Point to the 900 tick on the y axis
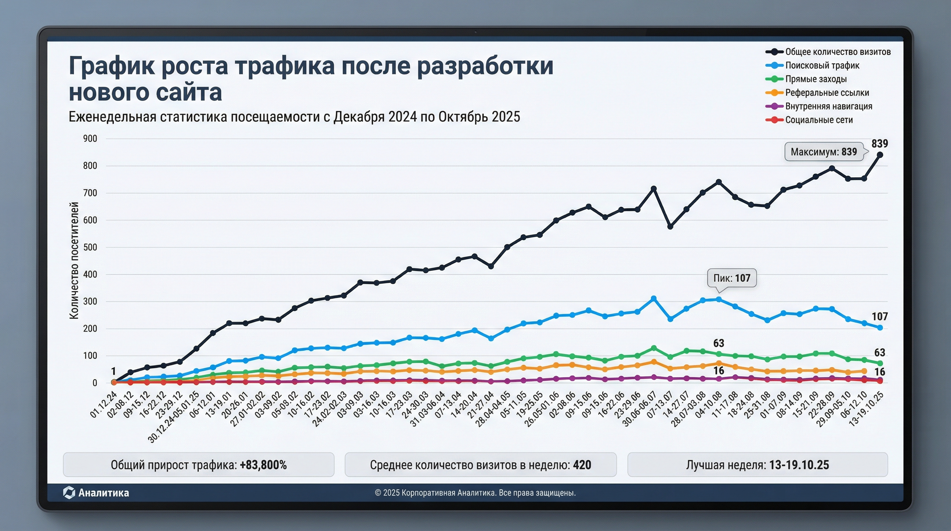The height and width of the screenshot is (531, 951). click(x=90, y=139)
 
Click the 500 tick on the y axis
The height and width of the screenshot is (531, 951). click(x=90, y=248)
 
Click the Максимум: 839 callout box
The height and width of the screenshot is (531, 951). click(x=823, y=152)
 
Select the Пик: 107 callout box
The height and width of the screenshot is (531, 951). click(x=732, y=278)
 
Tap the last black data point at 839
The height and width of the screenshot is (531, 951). click(x=880, y=155)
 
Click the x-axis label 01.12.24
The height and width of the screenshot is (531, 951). click(x=104, y=404)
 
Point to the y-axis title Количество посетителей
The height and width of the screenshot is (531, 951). click(x=74, y=260)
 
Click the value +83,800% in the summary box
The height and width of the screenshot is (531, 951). click(x=263, y=465)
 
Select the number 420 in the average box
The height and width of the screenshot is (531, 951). click(x=582, y=465)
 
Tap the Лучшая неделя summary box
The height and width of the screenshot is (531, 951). click(x=757, y=465)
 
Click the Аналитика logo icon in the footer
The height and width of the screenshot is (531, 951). click(x=69, y=493)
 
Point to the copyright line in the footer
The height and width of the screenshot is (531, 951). click(x=475, y=493)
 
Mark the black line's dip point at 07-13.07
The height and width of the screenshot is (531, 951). click(x=670, y=226)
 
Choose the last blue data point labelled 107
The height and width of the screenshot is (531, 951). click(x=880, y=327)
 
